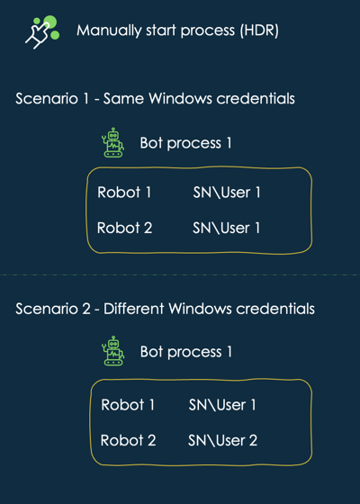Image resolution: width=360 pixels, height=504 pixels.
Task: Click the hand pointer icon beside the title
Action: tap(42, 32)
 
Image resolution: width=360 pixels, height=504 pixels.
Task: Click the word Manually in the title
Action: tap(109, 31)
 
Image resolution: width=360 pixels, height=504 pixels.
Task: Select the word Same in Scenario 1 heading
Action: tap(124, 98)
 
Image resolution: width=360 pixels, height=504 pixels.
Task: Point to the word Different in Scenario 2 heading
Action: tap(134, 309)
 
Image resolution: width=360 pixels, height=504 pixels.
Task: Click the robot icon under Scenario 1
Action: tap(112, 142)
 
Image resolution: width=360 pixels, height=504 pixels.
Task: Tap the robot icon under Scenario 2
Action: tap(113, 351)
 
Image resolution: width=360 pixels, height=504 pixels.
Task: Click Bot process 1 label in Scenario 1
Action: tap(185, 143)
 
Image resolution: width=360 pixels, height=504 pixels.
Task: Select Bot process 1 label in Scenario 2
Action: tap(186, 352)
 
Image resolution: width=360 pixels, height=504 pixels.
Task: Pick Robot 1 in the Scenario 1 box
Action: tap(124, 193)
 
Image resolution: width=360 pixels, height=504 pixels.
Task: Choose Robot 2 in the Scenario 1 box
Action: tap(125, 228)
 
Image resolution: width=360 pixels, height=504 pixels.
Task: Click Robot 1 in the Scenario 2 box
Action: tap(128, 405)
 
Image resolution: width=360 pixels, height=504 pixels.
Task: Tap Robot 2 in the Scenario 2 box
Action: tap(128, 440)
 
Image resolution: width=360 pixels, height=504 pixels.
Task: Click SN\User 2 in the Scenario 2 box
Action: tap(223, 440)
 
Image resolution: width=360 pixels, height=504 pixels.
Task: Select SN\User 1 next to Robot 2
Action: tap(226, 228)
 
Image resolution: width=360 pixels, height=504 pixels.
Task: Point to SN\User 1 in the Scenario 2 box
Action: tap(222, 405)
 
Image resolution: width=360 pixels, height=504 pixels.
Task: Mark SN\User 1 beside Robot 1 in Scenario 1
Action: tap(227, 193)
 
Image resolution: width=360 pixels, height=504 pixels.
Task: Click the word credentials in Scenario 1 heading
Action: tap(256, 98)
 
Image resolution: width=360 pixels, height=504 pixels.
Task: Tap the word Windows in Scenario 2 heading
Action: tap(200, 309)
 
